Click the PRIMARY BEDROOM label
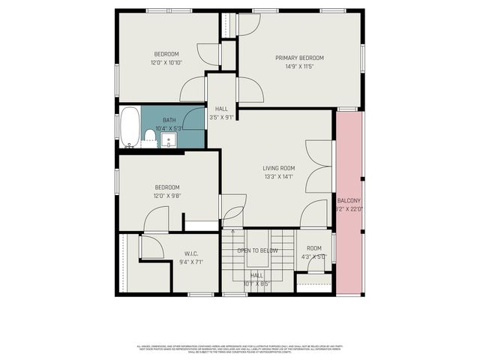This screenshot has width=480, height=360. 299,58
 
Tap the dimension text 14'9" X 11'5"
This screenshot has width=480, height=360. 299,66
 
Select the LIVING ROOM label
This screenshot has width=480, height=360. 278,168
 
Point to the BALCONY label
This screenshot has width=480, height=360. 349,200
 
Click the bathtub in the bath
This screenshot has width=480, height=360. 130,127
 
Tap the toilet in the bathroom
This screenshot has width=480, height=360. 150,138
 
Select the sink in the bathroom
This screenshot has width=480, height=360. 169,139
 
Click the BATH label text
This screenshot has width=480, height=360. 169,120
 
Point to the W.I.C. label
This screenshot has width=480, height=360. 190,253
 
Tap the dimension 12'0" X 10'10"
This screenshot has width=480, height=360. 166,62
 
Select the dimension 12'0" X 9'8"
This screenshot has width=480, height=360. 166,196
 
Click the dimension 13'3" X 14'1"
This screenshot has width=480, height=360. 278,177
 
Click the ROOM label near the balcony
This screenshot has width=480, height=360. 313,248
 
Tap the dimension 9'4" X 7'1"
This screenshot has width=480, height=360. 190,262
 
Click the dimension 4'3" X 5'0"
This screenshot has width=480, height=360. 313,257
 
